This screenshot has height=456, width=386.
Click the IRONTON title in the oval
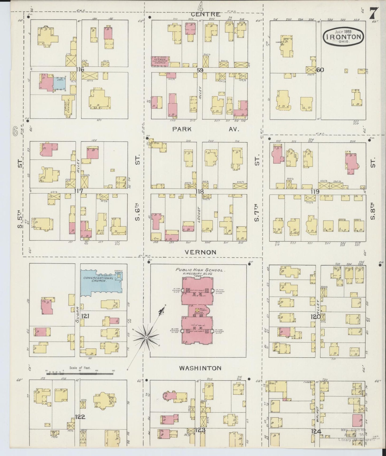(344, 37)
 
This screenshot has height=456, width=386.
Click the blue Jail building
(59, 83)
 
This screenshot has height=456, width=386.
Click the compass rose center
(146, 338)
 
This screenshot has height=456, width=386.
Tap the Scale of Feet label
(80, 367)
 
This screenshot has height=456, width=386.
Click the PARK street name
(182, 129)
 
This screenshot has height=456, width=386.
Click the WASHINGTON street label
(200, 368)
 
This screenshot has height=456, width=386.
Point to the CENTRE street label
(205, 14)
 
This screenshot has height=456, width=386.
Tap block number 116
(80, 70)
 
